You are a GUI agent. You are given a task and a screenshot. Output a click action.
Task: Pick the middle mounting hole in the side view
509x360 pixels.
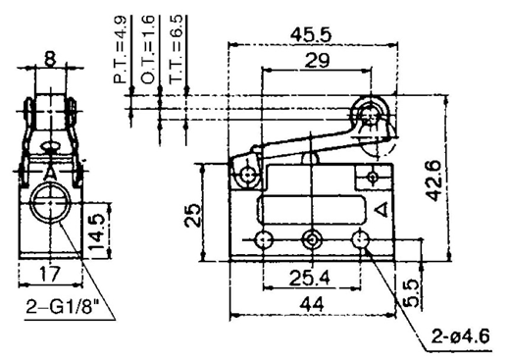pos(312,239)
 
